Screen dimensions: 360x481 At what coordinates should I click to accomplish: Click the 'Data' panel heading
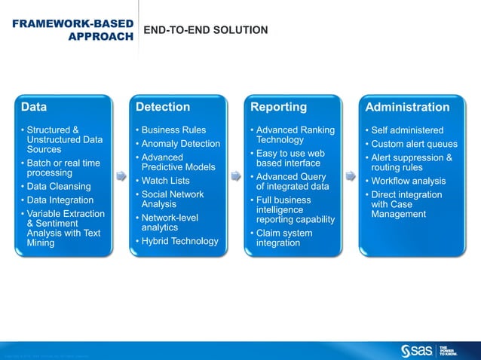click(x=34, y=107)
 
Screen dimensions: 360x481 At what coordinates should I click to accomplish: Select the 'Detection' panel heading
click(x=162, y=107)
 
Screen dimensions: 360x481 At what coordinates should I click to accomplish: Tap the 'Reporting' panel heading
click(x=278, y=107)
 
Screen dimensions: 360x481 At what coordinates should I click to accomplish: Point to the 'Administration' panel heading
click(x=407, y=107)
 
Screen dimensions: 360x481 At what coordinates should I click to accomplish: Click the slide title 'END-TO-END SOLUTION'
click(x=205, y=30)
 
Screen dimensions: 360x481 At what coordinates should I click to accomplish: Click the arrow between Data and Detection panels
click(x=121, y=176)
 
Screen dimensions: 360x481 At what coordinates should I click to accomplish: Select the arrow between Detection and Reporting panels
click(x=235, y=176)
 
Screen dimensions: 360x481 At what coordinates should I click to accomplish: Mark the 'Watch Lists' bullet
click(x=165, y=181)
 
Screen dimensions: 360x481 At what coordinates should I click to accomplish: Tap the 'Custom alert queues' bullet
click(x=414, y=144)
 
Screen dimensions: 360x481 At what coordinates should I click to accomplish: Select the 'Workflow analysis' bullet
click(x=408, y=181)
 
